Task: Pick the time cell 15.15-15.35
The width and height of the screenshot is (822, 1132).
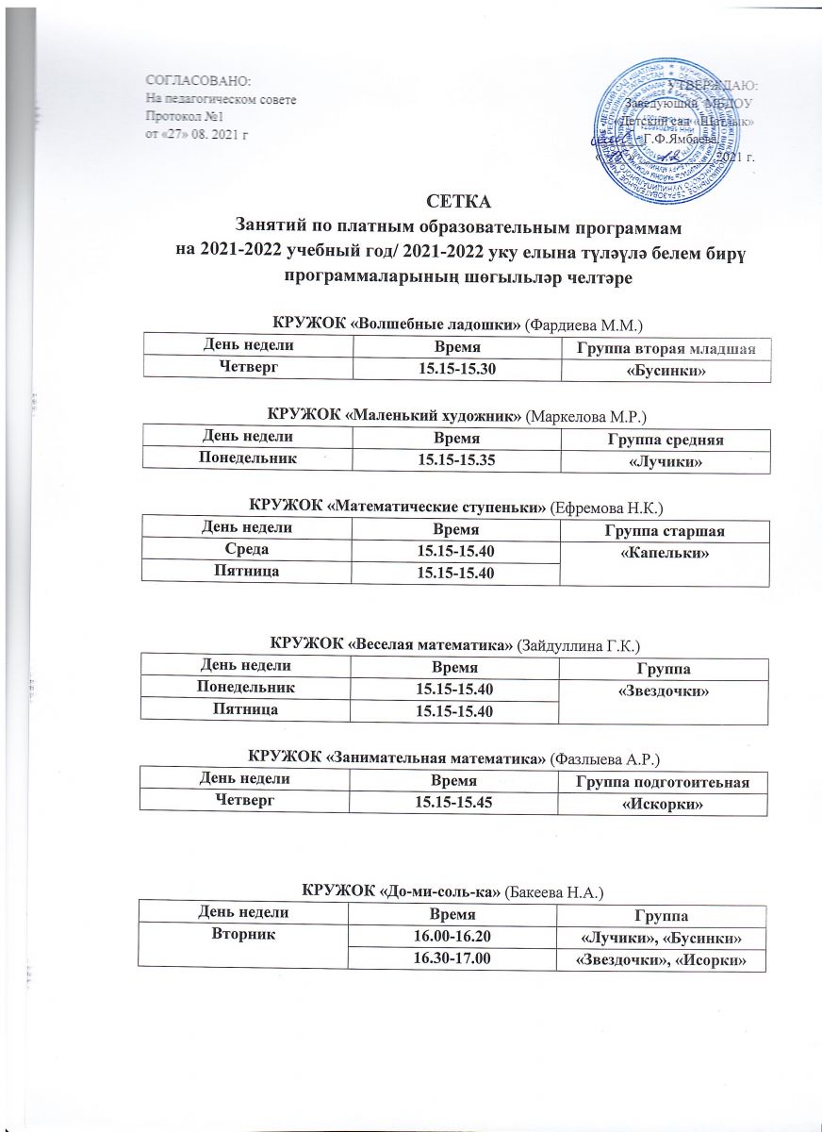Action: click(455, 459)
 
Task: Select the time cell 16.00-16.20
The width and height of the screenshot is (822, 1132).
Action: click(455, 936)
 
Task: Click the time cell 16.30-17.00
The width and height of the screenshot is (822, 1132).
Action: click(455, 958)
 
